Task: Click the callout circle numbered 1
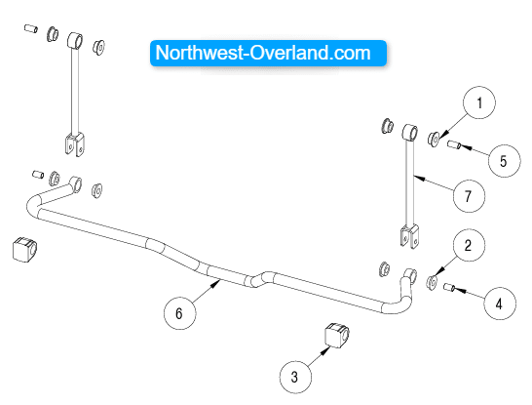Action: point(479,102)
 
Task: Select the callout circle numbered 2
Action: point(469,245)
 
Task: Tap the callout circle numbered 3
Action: point(295,377)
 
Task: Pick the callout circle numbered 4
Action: point(500,304)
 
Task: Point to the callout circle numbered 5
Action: point(504,161)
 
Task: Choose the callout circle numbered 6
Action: point(180,313)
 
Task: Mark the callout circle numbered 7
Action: point(469,196)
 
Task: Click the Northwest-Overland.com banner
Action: point(268,53)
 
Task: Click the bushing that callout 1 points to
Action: point(434,139)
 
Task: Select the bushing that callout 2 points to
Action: point(432,282)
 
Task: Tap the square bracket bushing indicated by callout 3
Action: point(337,335)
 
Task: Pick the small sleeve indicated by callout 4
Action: point(449,288)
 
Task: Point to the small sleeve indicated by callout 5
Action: point(453,144)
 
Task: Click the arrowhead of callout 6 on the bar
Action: point(217,283)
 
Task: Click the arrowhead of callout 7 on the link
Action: point(418,177)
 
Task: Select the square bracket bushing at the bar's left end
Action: point(24,249)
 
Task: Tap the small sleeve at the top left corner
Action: point(31,28)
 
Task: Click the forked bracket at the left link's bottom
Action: point(75,144)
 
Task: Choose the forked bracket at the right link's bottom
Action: point(409,236)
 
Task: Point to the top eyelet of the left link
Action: point(75,40)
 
